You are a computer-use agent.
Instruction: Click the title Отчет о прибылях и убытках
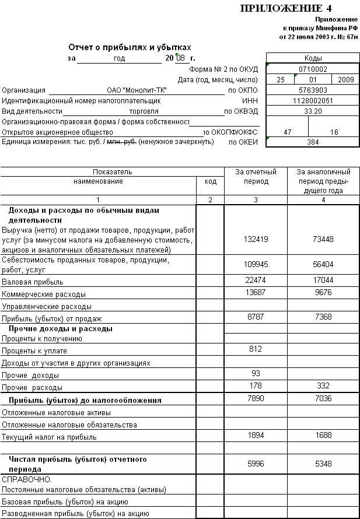130,47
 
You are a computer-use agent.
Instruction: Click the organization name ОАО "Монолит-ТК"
137,90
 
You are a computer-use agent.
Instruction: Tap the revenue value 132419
256,239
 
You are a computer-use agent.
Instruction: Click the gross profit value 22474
256,280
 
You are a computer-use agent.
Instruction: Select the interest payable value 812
256,349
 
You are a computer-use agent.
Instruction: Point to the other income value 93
256,373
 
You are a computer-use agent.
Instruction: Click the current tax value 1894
256,436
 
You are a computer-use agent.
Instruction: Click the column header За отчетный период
256,177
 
